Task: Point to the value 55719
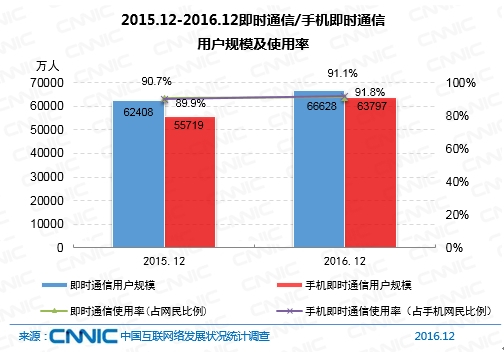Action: pos(190,127)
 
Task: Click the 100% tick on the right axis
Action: pos(457,83)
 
